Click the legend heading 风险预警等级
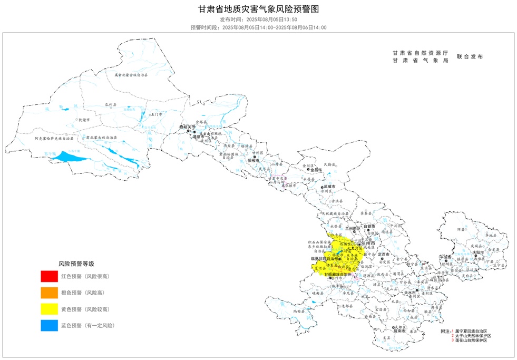pos(76,263)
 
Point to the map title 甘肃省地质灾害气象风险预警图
pos(258,9)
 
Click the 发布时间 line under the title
pos(258,19)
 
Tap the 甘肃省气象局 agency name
pos(420,61)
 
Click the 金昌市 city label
pos(316,170)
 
